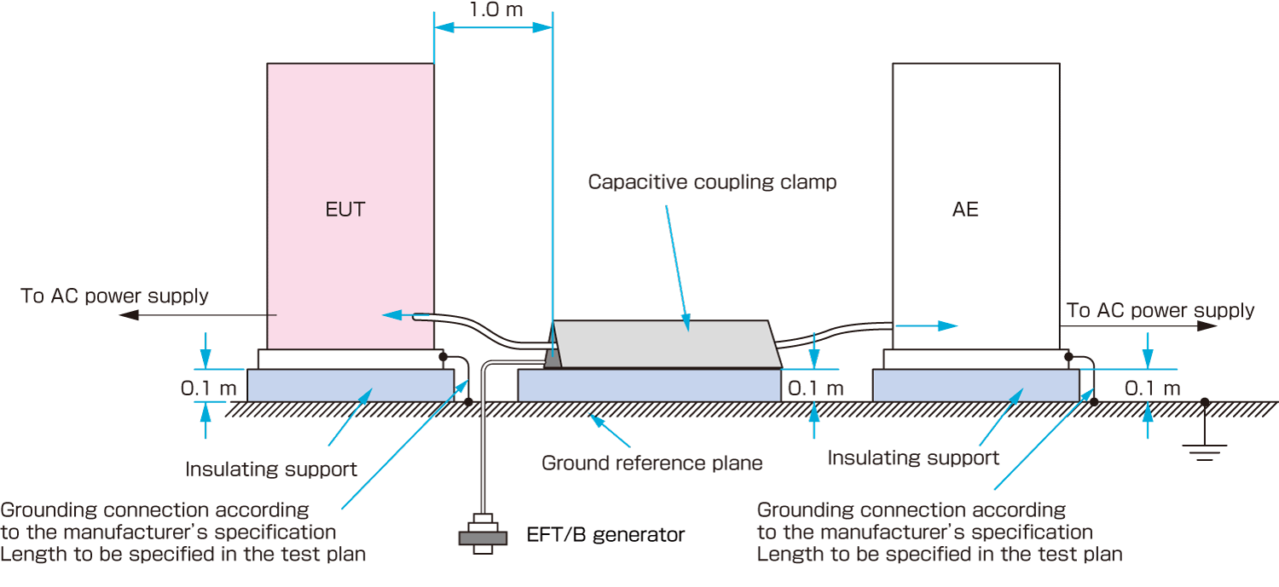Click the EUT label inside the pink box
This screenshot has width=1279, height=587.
345,210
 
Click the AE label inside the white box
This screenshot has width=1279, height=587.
965,210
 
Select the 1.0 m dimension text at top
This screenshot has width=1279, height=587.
495,9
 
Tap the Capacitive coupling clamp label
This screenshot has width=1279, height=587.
713,181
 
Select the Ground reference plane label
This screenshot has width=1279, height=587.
652,463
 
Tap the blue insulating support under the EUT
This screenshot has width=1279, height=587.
350,385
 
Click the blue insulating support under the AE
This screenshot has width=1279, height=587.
975,385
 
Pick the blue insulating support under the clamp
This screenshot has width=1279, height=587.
649,385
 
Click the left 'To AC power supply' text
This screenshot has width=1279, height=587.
114,296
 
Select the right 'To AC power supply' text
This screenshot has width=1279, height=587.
1160,310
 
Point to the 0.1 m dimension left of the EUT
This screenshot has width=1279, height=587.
208,388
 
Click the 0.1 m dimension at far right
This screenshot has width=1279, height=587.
1153,388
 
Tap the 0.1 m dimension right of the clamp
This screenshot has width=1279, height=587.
815,388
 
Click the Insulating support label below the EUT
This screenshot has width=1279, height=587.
271,469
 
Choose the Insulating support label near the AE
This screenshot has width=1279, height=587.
913,458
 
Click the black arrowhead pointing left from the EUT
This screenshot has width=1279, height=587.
128,315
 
